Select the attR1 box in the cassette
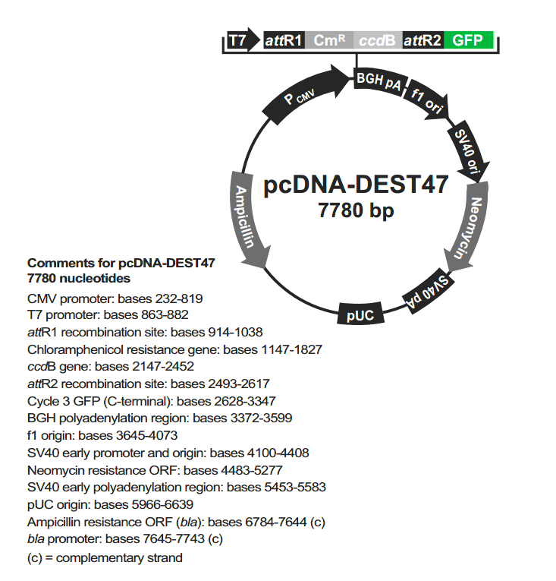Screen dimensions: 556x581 coord(284,40)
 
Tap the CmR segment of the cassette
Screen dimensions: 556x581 coord(329,40)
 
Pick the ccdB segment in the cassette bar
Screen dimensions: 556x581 coord(378,40)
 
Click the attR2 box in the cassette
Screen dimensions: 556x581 coord(422,40)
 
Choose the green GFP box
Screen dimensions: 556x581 coord(468,40)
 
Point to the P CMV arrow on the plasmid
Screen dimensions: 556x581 coord(306,94)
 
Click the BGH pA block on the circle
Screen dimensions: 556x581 coord(379,81)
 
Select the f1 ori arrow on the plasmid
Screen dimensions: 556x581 coord(428,100)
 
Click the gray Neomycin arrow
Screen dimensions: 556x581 coord(467,227)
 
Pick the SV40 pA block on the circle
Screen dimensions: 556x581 coord(429,291)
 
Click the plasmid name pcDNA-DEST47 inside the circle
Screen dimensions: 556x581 coord(356,184)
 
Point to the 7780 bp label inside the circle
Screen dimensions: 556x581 coord(356,210)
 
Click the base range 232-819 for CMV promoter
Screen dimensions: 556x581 coord(179,298)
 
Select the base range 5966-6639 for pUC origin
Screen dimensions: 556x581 coord(162,504)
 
